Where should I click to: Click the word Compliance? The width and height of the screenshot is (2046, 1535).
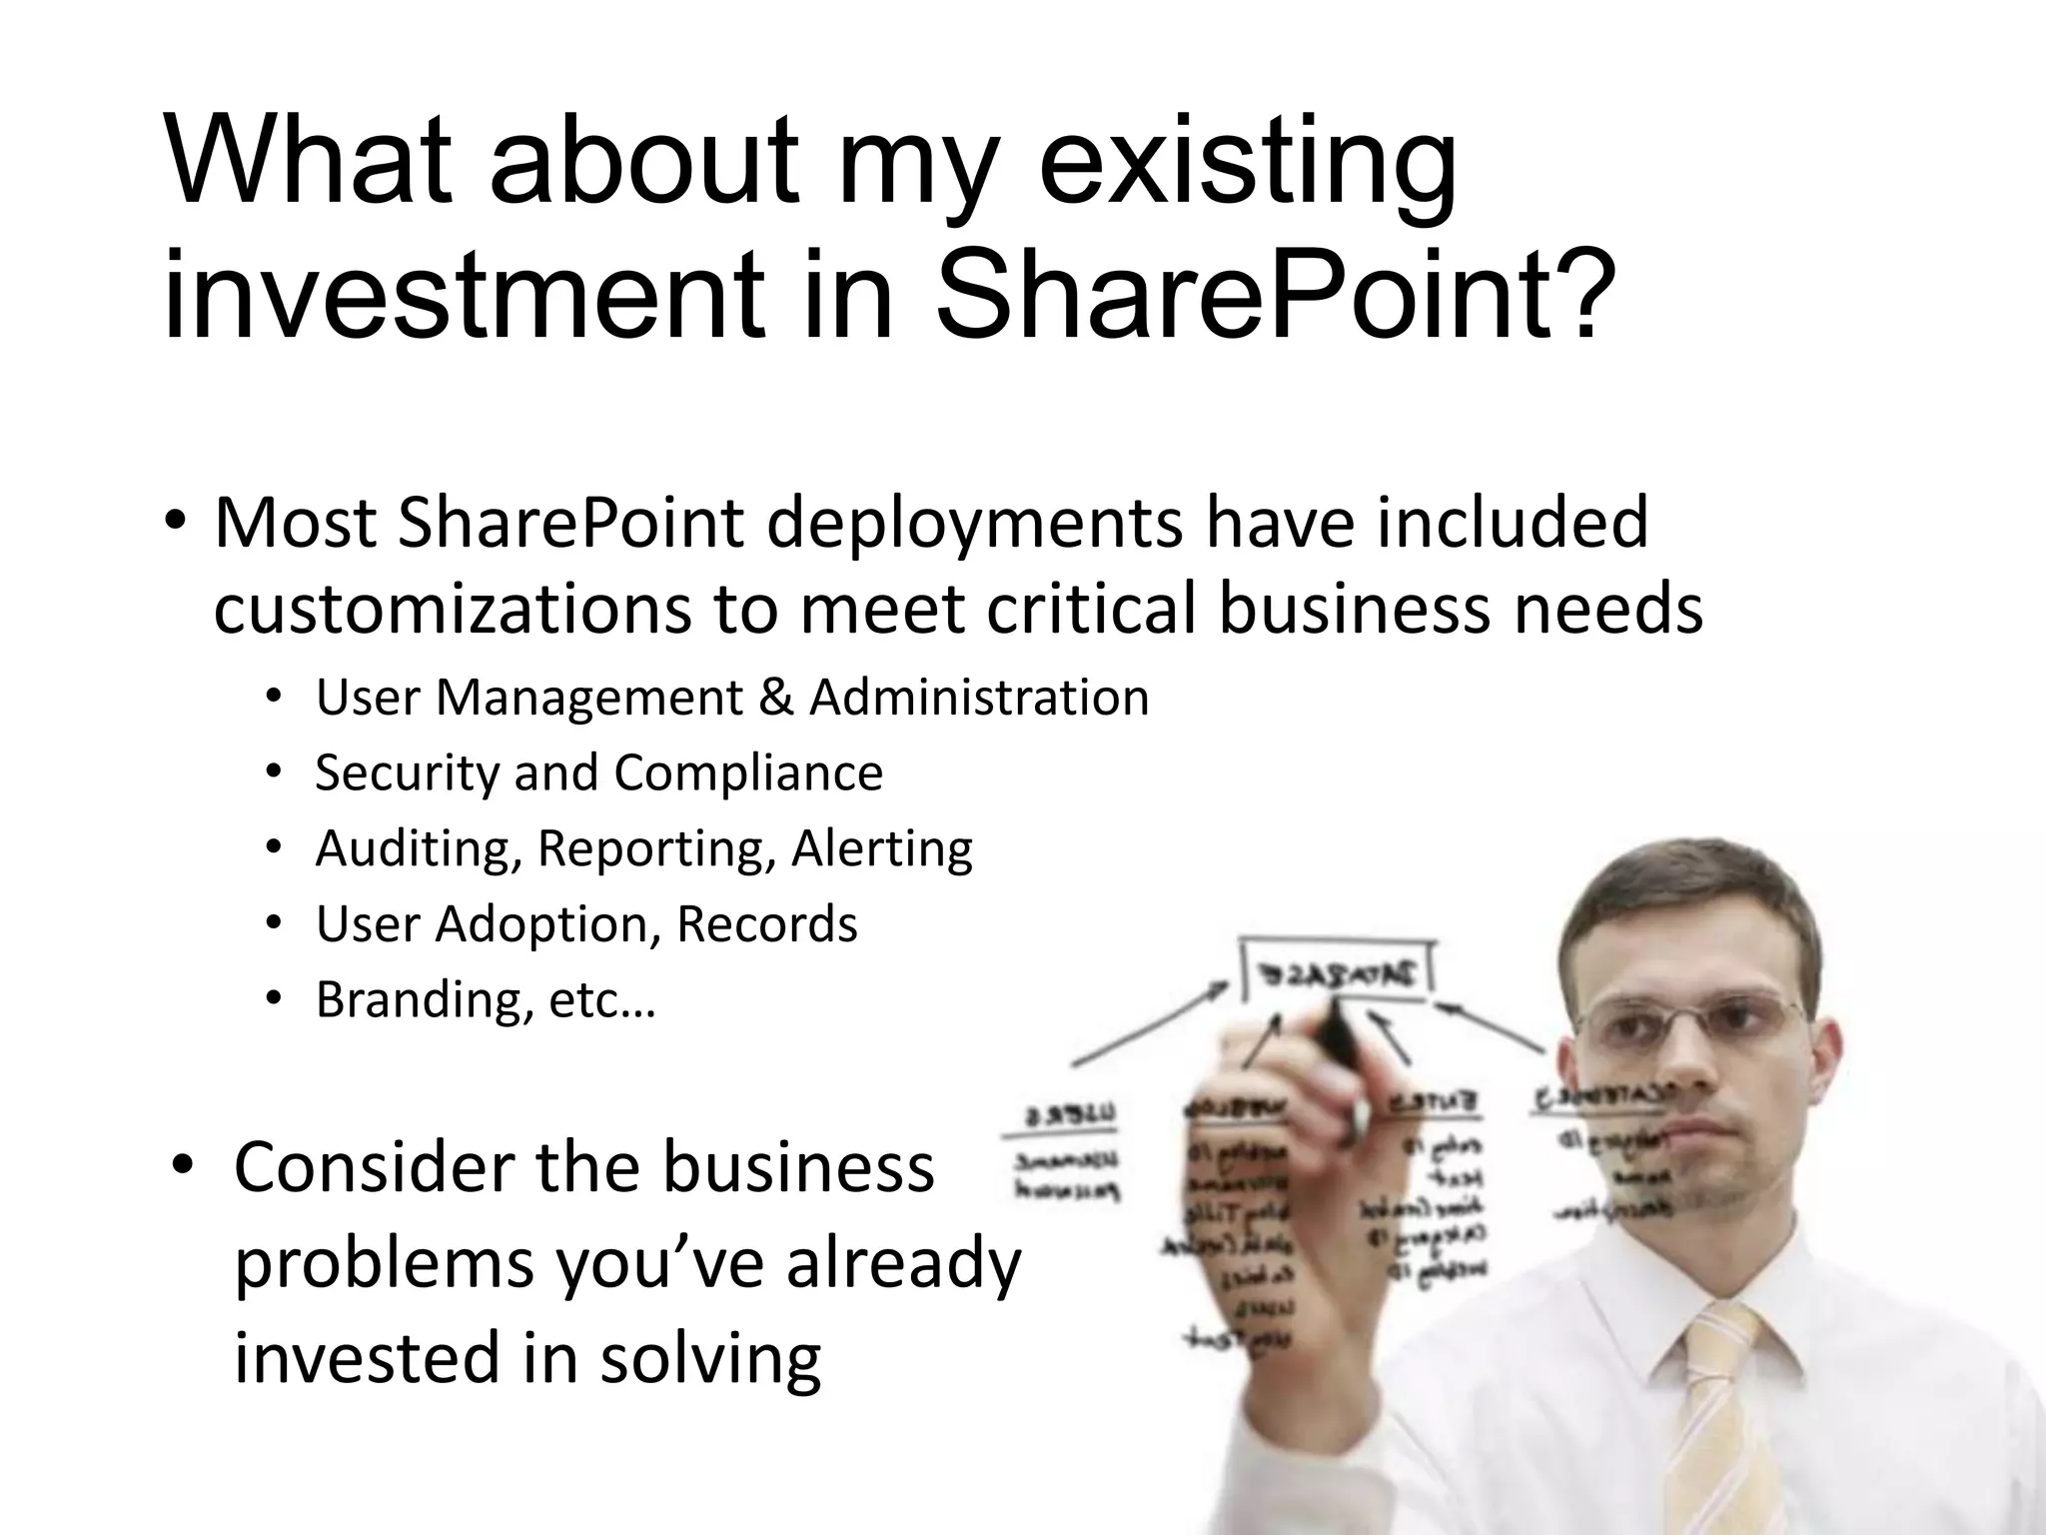click(x=748, y=772)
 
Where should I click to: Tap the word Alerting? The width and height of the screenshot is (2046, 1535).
click(x=881, y=848)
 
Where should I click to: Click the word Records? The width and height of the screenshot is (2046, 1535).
click(x=766, y=923)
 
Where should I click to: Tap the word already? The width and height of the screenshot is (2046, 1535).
click(x=903, y=1263)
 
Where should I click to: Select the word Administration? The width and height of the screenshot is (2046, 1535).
click(x=979, y=698)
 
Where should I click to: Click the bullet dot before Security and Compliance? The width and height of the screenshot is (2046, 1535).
click(x=274, y=772)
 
